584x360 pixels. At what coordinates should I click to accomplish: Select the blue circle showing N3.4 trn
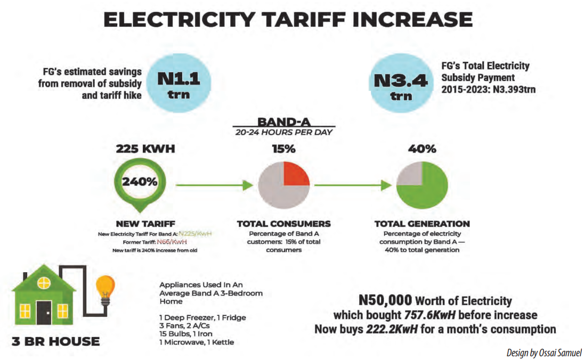point(401,83)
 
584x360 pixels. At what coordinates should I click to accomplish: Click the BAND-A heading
point(284,121)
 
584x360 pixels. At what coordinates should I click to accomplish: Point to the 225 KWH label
point(145,149)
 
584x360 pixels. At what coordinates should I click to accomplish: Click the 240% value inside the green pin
point(140,181)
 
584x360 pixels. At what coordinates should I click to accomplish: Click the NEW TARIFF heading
point(145,224)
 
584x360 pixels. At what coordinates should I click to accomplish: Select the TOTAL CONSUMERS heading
point(283,224)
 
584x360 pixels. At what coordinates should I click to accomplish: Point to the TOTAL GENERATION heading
point(422,224)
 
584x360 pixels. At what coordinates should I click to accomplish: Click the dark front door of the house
point(44,313)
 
